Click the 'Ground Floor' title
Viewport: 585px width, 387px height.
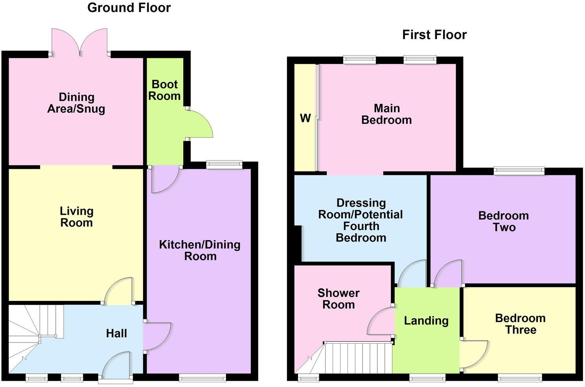tap(129, 7)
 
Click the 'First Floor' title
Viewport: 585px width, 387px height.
tap(434, 35)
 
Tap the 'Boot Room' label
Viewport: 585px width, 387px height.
tap(165, 90)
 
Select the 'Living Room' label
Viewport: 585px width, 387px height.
tap(76, 217)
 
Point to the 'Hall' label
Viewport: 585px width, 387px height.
tap(116, 334)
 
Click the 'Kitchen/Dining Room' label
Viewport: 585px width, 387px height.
tap(200, 250)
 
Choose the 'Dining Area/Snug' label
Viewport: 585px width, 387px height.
tap(76, 103)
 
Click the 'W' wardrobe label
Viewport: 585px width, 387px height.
tap(305, 118)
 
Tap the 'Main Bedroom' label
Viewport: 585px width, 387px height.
tap(386, 114)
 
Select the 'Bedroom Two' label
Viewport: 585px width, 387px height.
tap(504, 221)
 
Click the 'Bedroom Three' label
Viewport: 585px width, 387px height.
tap(520, 324)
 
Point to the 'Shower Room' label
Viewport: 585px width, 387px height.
tap(338, 299)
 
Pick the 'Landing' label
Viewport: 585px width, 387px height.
tap(426, 321)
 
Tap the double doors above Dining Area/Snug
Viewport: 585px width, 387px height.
tap(79, 41)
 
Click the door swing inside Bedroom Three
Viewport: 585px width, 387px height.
tap(474, 354)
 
